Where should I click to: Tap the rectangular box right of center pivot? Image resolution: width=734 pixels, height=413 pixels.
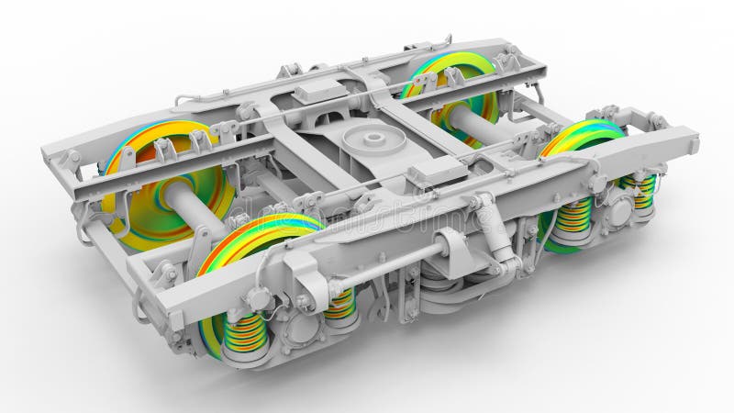pos(439,172)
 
